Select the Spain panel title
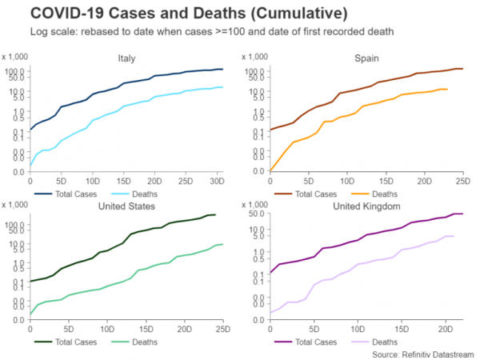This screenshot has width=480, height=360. click(368, 58)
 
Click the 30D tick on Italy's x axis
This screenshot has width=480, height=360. click(217, 178)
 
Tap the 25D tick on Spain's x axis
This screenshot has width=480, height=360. click(461, 178)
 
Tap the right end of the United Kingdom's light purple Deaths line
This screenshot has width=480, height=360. click(454, 236)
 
